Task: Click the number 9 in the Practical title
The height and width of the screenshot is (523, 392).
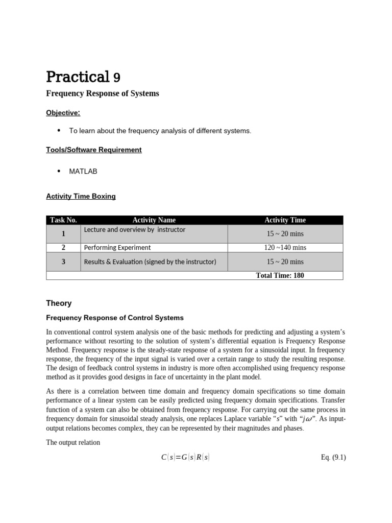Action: pos(117,78)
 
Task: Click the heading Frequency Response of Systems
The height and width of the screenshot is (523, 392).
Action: pos(103,93)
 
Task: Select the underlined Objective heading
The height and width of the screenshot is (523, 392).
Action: pos(63,112)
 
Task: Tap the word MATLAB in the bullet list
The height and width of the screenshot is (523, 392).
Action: pos(83,172)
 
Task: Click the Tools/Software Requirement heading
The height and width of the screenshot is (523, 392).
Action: pos(94,150)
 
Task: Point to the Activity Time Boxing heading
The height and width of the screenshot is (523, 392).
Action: pos(81,196)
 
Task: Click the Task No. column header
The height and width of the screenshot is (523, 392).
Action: pos(64,220)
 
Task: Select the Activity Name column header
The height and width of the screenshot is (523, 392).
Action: pos(154,220)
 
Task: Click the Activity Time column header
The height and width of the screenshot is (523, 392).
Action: pos(285,220)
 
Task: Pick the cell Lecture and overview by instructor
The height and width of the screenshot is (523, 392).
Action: pos(135,230)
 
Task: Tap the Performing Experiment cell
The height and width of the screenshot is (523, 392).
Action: pos(117,248)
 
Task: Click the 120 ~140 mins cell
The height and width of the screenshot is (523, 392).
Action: pos(285,248)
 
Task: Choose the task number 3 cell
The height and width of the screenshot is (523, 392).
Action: pos(64,261)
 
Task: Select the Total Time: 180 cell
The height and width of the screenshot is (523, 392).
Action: pos(280,275)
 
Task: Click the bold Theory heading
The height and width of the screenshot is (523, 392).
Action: pos(59,303)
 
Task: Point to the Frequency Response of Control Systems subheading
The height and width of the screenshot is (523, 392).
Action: pos(115,318)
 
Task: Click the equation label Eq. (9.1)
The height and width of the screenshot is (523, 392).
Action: pos(333,458)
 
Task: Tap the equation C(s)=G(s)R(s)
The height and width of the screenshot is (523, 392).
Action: pos(185,458)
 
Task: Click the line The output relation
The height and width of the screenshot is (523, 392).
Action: pos(73,442)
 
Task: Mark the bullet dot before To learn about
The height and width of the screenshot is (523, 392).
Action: pos(59,130)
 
